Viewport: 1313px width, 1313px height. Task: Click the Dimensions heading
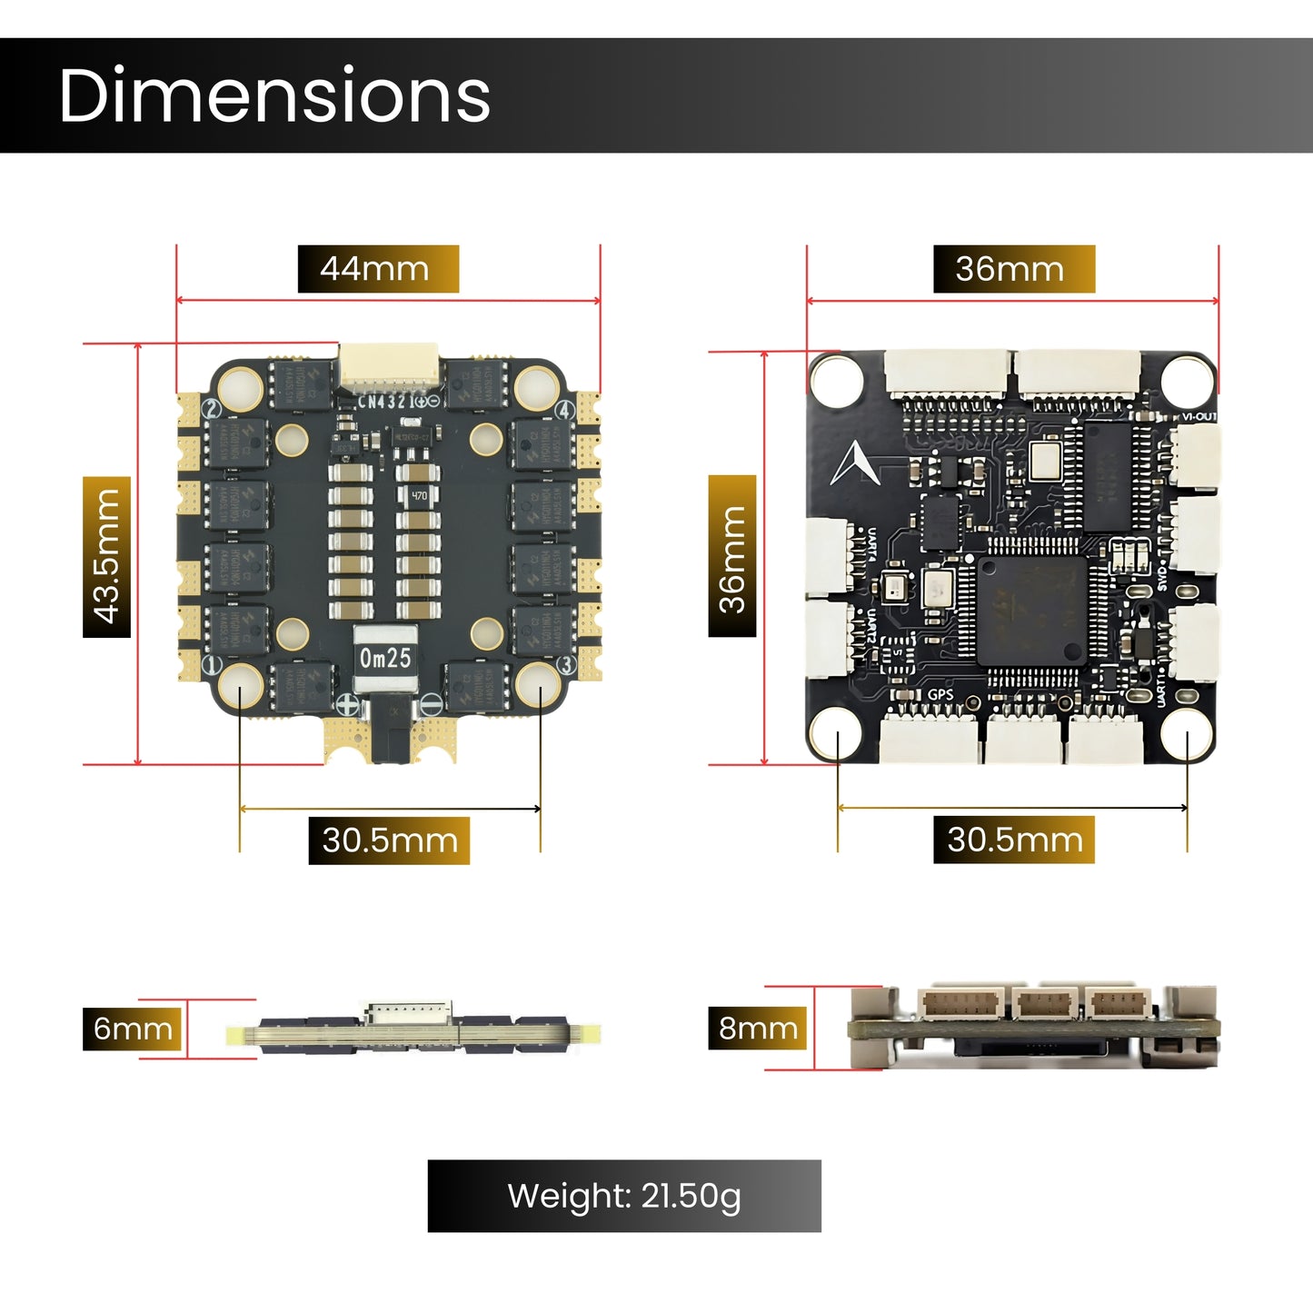click(x=274, y=95)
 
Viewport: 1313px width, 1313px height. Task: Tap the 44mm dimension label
click(x=378, y=269)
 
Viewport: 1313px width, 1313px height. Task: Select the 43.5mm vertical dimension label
click(x=106, y=556)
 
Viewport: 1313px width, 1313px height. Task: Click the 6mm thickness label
click(x=133, y=1028)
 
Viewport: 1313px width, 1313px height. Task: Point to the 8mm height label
click(x=758, y=1028)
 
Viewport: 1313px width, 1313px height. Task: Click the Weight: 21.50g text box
click(x=624, y=1196)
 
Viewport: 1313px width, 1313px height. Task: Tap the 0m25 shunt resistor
click(x=385, y=658)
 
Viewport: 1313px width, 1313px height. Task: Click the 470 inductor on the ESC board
click(x=419, y=496)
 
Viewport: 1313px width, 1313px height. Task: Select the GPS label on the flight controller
click(x=940, y=695)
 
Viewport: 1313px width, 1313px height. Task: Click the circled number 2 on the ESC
click(x=211, y=409)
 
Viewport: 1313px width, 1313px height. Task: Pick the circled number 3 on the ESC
click(x=565, y=665)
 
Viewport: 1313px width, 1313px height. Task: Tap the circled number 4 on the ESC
click(x=564, y=411)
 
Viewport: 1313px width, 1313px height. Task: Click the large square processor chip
click(x=1032, y=611)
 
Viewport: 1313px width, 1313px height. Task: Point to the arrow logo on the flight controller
click(x=854, y=463)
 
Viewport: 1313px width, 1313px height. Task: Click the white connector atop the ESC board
click(x=389, y=367)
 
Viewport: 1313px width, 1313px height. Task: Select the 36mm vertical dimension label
click(x=732, y=556)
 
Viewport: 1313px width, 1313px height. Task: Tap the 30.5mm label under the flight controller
click(x=1014, y=840)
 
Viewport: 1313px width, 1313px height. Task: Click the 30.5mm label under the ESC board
click(x=389, y=841)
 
